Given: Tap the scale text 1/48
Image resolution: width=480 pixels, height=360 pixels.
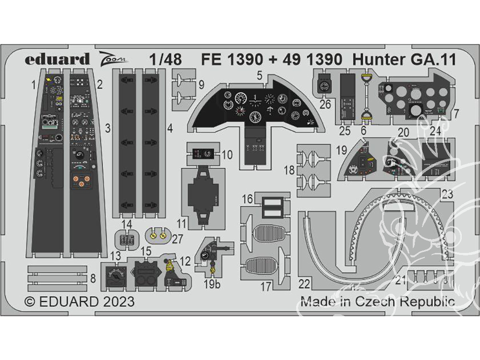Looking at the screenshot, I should [x=165, y=60].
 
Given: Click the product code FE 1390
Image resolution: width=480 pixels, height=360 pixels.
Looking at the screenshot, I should [x=232, y=60].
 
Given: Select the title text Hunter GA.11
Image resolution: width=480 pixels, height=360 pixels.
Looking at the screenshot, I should [x=404, y=60].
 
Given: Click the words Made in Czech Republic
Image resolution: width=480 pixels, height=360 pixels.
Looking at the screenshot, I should [x=377, y=302].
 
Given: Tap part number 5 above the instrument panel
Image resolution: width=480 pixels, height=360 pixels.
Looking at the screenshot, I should [x=259, y=75].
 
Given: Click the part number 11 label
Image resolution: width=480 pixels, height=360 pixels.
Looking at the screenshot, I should [x=181, y=224].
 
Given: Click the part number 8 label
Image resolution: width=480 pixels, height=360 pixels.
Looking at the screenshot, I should [x=93, y=278].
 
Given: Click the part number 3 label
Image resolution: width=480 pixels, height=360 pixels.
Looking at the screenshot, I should [x=108, y=128].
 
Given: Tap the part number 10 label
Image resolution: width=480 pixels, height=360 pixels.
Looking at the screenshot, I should [x=228, y=155].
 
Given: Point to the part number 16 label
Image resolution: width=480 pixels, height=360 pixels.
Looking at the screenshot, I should [x=247, y=198].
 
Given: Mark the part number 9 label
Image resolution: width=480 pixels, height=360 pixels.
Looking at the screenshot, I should [x=201, y=85].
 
